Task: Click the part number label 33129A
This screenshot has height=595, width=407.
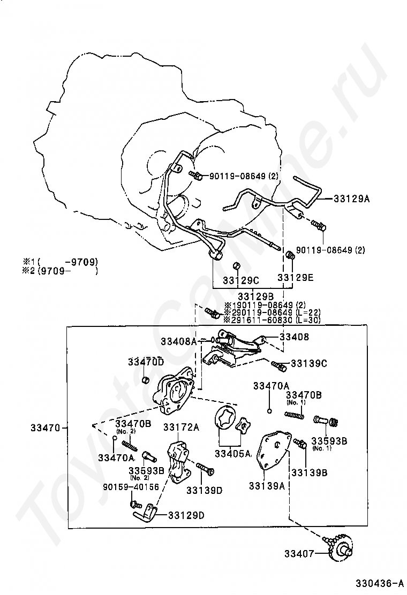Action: (351, 199)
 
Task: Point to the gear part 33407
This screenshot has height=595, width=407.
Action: (341, 551)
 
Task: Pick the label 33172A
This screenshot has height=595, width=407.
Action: (181, 427)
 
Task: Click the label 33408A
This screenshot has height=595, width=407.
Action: (178, 340)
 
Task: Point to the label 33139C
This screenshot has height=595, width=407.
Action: (309, 363)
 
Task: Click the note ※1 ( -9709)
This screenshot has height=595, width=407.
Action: (60, 262)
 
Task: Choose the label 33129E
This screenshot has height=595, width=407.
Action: (296, 278)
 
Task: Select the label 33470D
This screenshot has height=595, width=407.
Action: (146, 362)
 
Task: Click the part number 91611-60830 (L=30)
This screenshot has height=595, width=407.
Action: (272, 319)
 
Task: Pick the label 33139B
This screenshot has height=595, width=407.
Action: (309, 472)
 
